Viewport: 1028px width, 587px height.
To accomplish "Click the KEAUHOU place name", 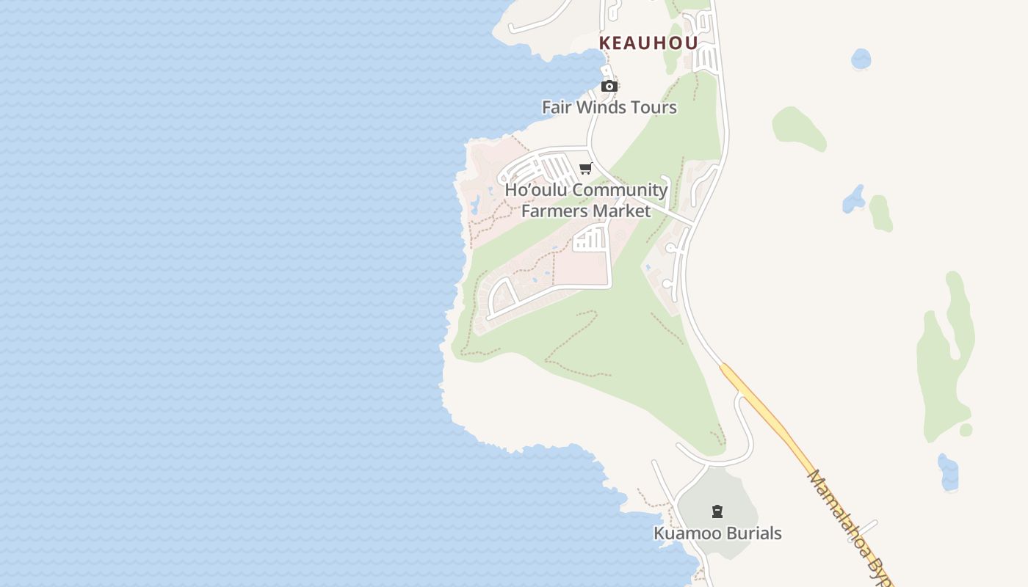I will (x=648, y=43).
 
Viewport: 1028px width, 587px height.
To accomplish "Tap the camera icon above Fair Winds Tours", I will (x=609, y=87).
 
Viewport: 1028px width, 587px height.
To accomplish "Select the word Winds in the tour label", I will (x=601, y=107).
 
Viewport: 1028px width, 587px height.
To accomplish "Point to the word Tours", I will (x=654, y=107).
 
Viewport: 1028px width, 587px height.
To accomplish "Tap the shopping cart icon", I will (x=586, y=169).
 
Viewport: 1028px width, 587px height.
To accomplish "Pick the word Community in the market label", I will (x=620, y=190).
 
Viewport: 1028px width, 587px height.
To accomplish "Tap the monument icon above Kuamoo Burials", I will (x=717, y=511).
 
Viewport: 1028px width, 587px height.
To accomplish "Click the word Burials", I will (x=753, y=533).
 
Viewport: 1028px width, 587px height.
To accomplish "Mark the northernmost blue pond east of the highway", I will (x=861, y=59).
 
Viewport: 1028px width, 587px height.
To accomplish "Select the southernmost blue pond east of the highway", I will (x=948, y=472).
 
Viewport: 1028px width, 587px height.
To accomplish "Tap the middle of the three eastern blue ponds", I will (x=854, y=199).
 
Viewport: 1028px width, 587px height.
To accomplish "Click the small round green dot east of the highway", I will (x=966, y=430).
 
